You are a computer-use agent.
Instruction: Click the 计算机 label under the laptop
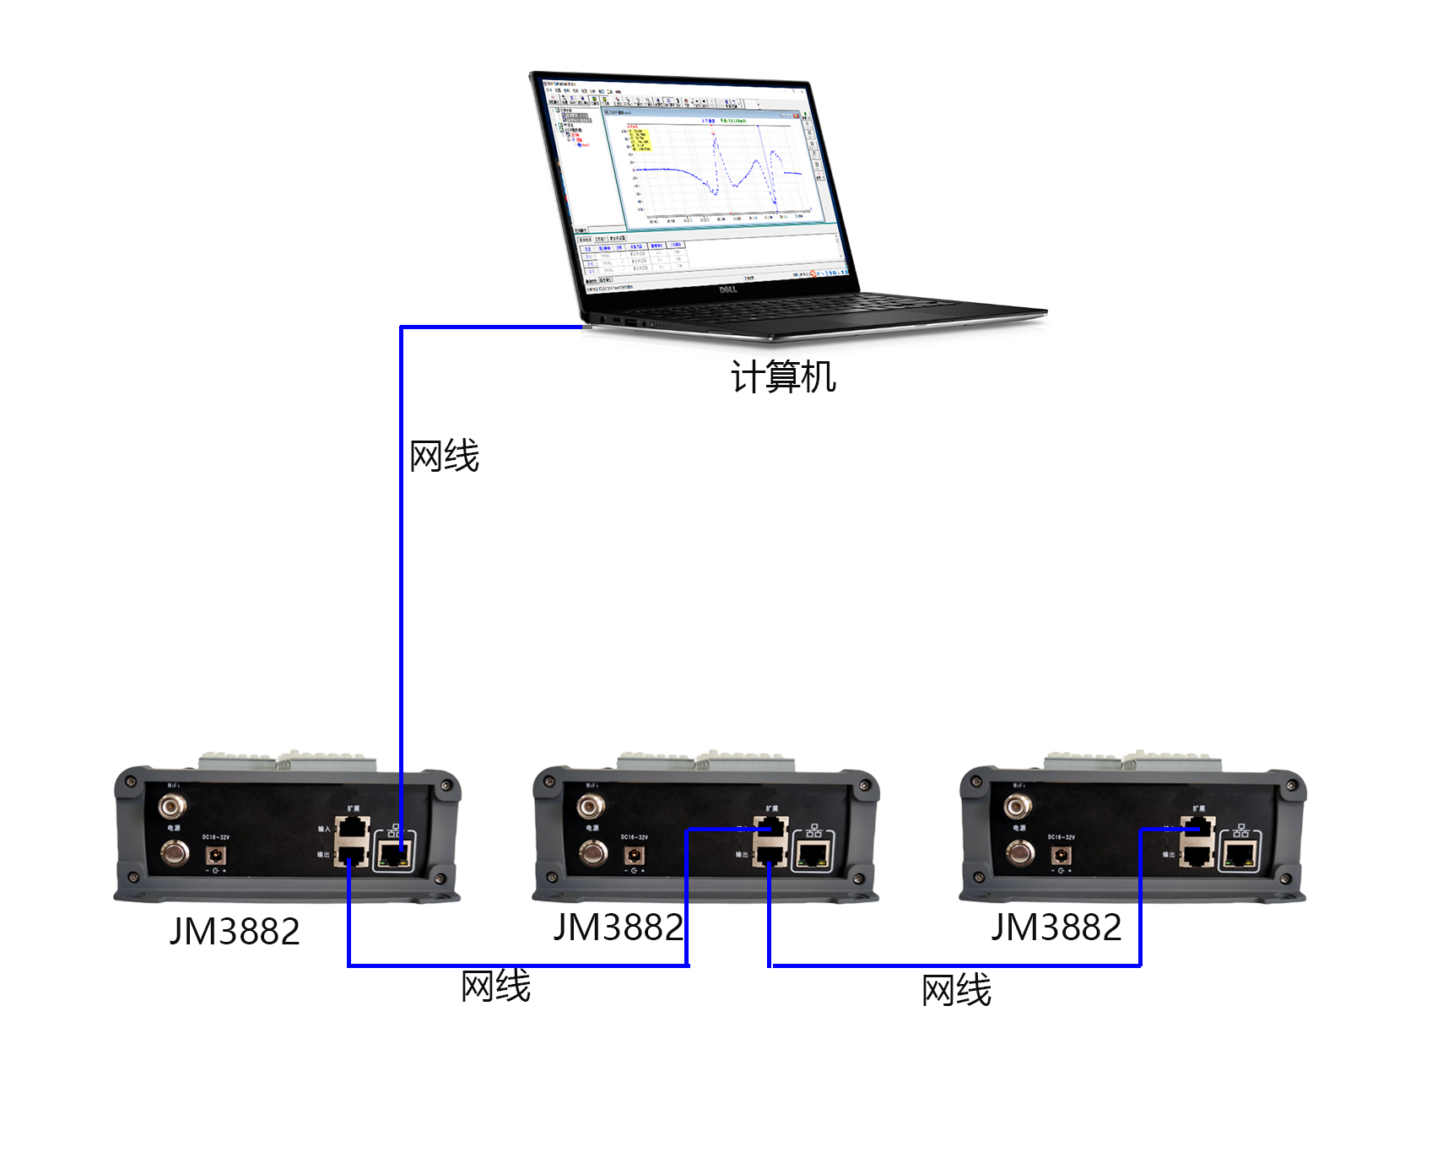click(x=783, y=376)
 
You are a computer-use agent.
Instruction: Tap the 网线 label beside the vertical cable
click(x=444, y=457)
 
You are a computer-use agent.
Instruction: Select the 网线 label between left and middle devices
click(x=495, y=986)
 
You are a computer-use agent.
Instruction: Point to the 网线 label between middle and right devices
click(x=956, y=990)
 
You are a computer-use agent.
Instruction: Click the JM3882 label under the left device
click(x=235, y=932)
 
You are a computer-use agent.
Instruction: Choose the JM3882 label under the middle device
click(x=618, y=928)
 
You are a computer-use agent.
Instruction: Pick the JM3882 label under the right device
click(x=1056, y=928)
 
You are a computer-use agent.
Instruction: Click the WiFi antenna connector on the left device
click(x=172, y=807)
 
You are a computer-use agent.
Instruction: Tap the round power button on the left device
click(x=175, y=853)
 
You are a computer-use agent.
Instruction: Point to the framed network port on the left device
click(x=393, y=854)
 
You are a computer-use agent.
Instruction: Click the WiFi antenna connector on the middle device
click(x=591, y=807)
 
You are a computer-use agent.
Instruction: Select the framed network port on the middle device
click(x=812, y=854)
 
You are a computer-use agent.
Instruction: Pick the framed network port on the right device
click(x=1239, y=854)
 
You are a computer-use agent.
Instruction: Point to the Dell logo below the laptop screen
click(x=727, y=289)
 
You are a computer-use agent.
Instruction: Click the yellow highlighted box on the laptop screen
click(x=640, y=140)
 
